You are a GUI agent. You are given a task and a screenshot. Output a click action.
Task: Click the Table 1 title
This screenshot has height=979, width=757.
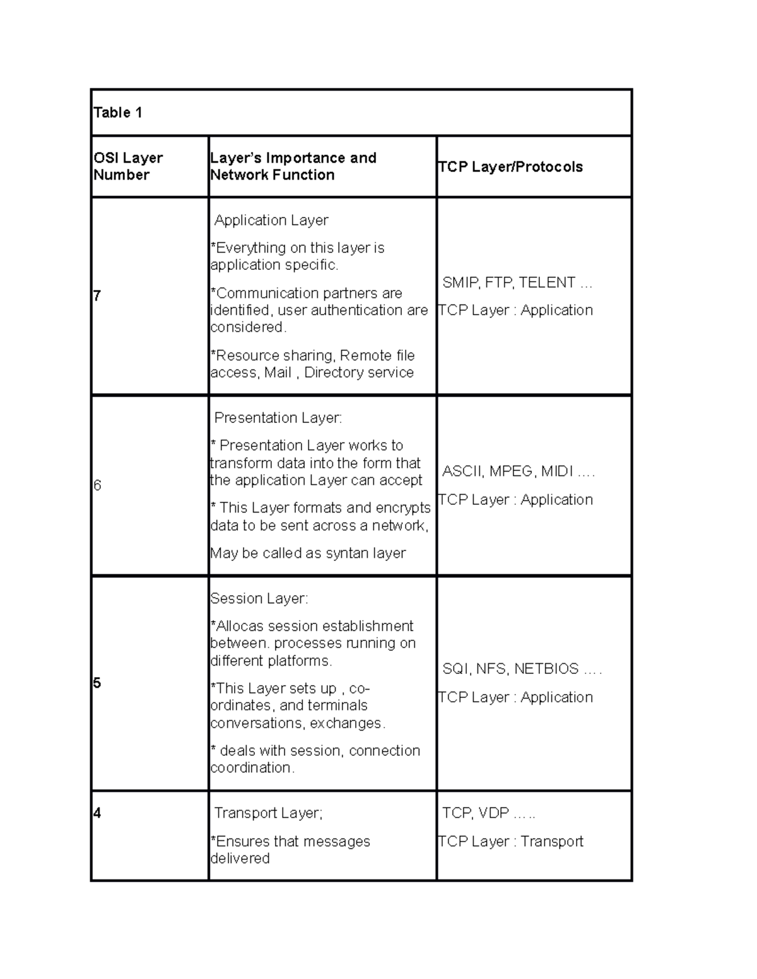(x=118, y=113)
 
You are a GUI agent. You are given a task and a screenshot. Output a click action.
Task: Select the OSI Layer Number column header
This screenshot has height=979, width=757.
(x=128, y=166)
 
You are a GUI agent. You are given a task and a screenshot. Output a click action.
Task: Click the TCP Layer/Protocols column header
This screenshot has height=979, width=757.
(x=510, y=167)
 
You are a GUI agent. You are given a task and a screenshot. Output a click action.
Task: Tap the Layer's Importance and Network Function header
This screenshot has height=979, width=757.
(x=293, y=166)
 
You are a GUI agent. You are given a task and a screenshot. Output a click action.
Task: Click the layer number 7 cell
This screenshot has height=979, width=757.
(x=97, y=296)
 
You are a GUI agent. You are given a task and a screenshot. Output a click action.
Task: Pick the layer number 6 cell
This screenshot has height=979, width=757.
(x=97, y=485)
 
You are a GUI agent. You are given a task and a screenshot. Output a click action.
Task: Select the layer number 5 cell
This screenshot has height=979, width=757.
(x=97, y=683)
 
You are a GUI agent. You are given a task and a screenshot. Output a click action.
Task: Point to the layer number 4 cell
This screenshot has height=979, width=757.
(x=97, y=813)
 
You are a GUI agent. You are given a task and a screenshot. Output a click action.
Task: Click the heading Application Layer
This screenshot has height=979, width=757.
(x=271, y=221)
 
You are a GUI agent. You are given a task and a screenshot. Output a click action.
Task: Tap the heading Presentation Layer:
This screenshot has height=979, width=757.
(x=278, y=418)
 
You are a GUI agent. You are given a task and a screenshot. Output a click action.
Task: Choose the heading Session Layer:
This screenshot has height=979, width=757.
(x=259, y=598)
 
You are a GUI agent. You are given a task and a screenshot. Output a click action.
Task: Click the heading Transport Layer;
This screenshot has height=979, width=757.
(x=269, y=813)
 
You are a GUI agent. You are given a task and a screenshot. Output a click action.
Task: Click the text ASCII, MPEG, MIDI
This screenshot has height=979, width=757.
(x=508, y=472)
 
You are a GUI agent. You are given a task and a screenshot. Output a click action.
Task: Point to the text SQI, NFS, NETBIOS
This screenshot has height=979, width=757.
(x=510, y=669)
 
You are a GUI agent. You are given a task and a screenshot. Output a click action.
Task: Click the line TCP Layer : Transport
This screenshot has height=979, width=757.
(x=510, y=842)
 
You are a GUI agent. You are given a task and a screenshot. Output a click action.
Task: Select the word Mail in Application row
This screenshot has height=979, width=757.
(x=278, y=373)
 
